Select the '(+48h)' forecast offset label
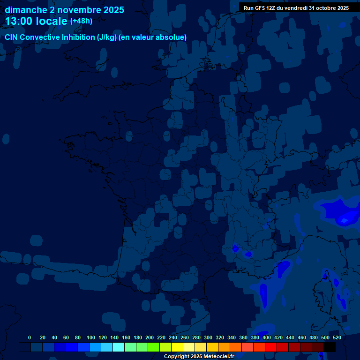(x=81, y=21)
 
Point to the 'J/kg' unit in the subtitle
(x=106, y=37)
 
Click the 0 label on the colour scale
(x=30, y=337)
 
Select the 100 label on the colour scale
(x=91, y=337)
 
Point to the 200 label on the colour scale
(x=150, y=337)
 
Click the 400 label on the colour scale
(x=267, y=337)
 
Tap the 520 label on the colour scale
(x=337, y=337)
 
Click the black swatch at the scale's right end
(x=330, y=347)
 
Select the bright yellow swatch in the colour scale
(x=177, y=347)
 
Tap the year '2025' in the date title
(x=111, y=10)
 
